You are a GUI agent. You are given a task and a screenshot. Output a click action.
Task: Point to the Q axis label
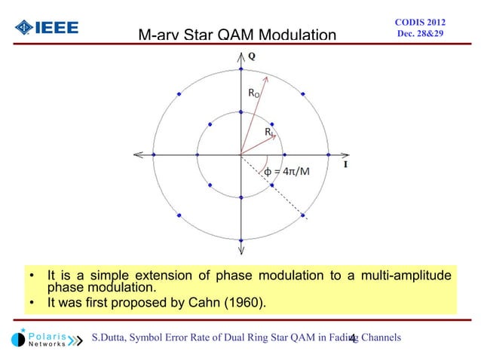(x=251, y=56)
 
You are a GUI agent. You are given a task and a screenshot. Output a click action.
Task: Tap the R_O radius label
(x=256, y=93)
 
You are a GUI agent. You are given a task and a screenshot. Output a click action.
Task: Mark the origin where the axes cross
(x=240, y=156)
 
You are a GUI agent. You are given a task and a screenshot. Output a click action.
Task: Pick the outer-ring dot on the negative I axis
(x=153, y=156)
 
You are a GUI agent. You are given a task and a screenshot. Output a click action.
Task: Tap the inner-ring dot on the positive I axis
(x=284, y=156)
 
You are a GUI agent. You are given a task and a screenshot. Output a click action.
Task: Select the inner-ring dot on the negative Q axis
(x=240, y=199)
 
